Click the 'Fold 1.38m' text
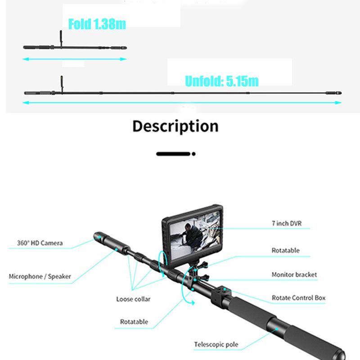tap(97, 24)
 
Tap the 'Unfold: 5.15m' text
tap(222, 81)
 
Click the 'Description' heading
tap(175, 126)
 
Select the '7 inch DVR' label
tap(287, 224)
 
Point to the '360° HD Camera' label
tap(40, 243)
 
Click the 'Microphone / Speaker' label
tap(40, 276)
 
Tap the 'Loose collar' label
tap(133, 299)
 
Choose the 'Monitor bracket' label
tap(294, 274)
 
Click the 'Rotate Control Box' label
tap(298, 298)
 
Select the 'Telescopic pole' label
tap(216, 345)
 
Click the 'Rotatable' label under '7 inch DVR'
tap(285, 250)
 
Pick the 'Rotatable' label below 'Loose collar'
tap(134, 322)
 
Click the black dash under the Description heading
tap(173, 153)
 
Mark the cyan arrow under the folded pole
tap(75, 59)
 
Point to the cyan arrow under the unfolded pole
tap(182, 103)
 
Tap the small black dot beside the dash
tap(193, 153)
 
